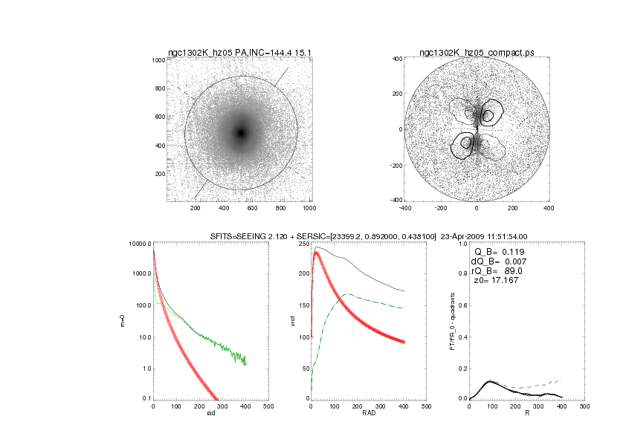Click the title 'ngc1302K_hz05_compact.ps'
(x=477, y=52)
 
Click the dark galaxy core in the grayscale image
(x=240, y=132)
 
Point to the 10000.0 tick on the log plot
(x=139, y=244)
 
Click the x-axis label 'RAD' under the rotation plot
(x=367, y=413)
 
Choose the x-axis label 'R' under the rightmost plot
(x=526, y=413)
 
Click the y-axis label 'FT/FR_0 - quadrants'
(x=451, y=321)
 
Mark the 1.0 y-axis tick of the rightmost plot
(x=462, y=244)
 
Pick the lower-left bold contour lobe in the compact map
(x=466, y=142)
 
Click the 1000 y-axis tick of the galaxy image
(x=158, y=61)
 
